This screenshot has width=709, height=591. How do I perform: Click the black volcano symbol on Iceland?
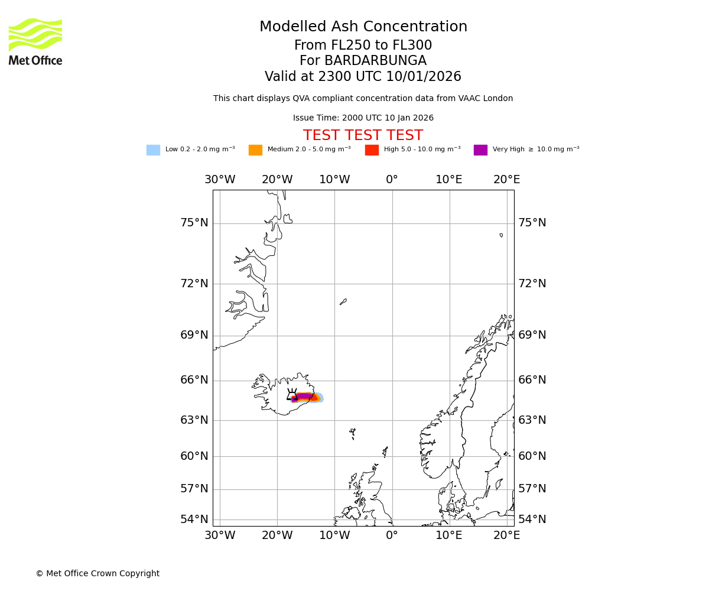pos(292,395)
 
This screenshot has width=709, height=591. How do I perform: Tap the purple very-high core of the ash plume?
pos(304,396)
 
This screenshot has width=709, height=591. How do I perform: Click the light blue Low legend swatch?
pos(153,150)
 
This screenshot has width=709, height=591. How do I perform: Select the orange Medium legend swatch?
pos(255,150)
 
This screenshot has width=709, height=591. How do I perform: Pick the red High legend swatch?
pos(372,150)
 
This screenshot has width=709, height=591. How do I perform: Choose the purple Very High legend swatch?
pos(480,150)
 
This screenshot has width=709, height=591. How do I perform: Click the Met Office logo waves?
pos(35,34)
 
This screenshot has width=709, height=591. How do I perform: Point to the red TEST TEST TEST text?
pos(363,135)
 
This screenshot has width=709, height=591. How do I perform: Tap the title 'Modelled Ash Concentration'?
pos(363,27)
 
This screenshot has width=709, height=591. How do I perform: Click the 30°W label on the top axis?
pos(220,180)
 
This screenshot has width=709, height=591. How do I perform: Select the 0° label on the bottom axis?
pos(392,535)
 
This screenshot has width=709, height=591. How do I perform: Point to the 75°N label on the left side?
pos(194,223)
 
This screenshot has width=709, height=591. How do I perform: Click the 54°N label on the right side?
pos(532,519)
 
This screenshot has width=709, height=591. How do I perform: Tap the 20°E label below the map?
pos(506,535)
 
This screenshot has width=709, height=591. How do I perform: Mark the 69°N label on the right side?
pos(532,335)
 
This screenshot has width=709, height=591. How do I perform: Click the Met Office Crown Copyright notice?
pos(97,573)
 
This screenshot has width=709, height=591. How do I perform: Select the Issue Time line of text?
pos(363,118)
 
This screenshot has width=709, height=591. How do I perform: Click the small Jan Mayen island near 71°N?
pos(343,301)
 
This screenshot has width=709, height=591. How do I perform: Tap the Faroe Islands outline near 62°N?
pos(353,433)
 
